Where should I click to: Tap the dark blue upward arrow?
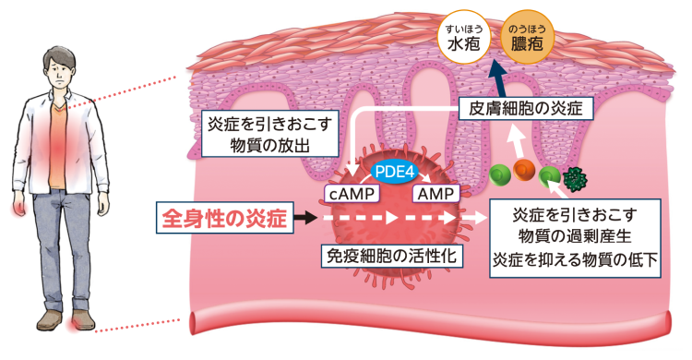[495, 77]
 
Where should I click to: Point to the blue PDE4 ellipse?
[394, 172]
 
